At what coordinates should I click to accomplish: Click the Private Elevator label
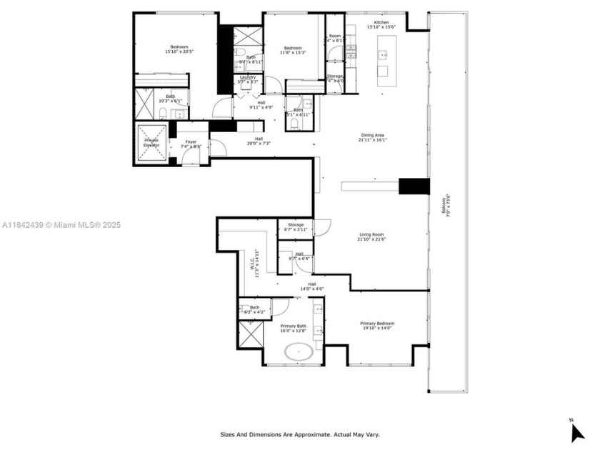151,142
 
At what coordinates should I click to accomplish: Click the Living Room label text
371,236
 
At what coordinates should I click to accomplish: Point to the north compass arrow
577,431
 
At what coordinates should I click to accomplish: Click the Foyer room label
191,144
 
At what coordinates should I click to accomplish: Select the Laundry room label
248,79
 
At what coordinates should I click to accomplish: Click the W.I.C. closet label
256,263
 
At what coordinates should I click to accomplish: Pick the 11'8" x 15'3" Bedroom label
293,50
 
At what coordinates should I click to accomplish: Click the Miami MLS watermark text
61,225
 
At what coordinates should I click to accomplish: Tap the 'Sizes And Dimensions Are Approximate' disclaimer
299,434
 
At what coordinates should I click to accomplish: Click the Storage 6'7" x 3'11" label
296,227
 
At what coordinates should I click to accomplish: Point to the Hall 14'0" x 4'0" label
312,286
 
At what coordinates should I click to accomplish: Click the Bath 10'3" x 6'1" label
170,99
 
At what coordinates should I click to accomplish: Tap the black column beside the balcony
414,186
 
